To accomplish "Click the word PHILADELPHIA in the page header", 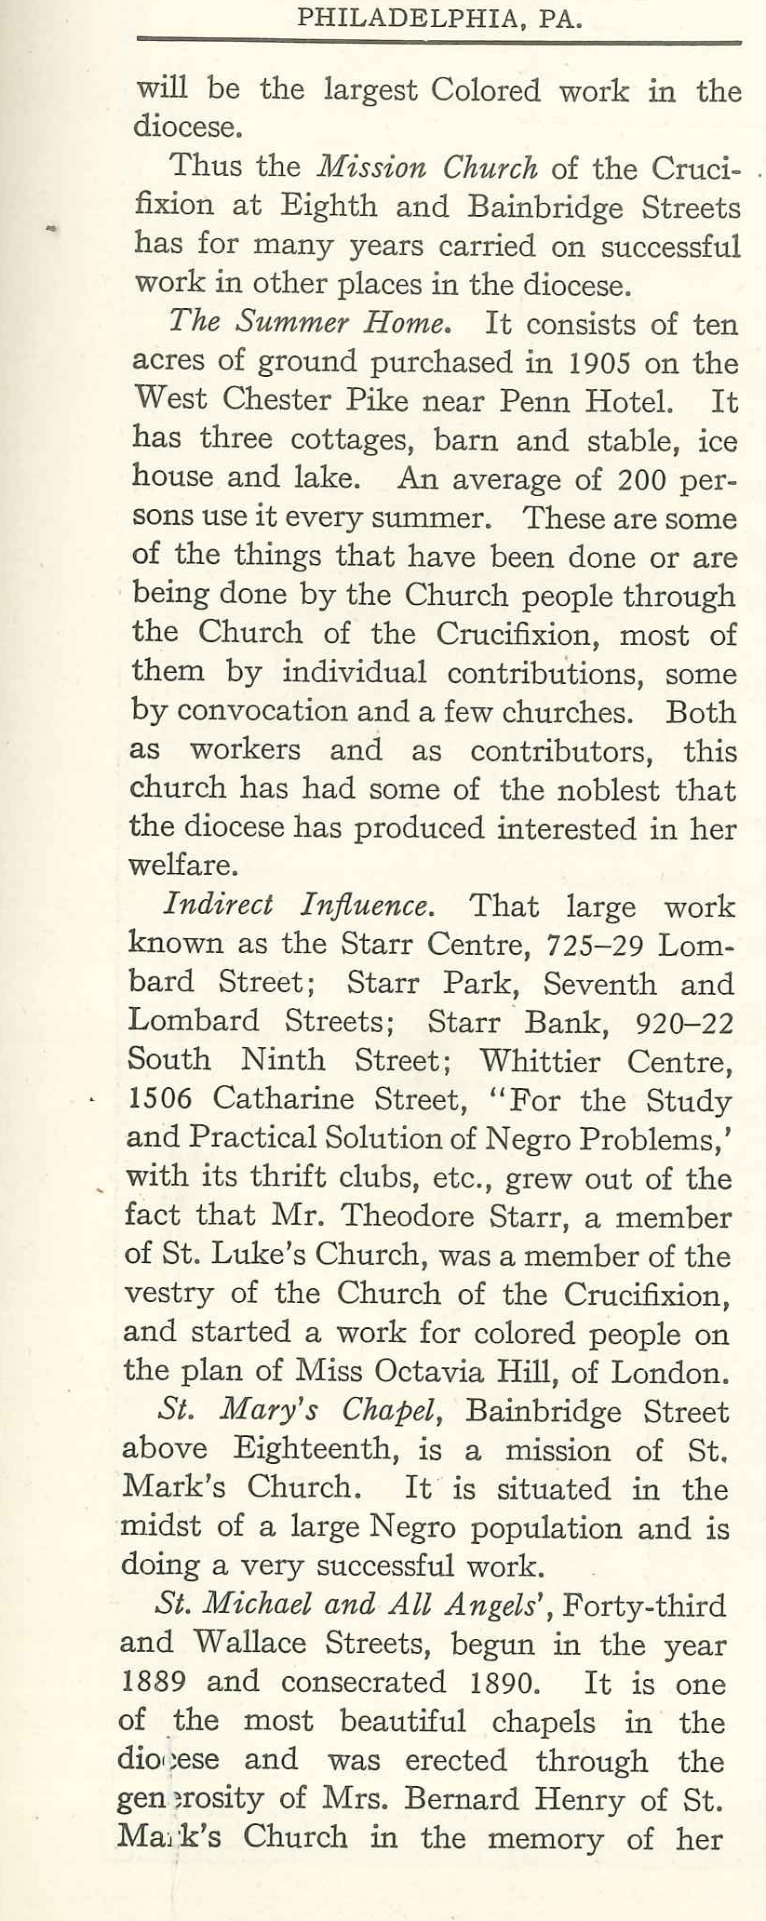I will click(407, 19).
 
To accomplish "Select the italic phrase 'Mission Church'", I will click(427, 168).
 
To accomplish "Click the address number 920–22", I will click(682, 1021).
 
